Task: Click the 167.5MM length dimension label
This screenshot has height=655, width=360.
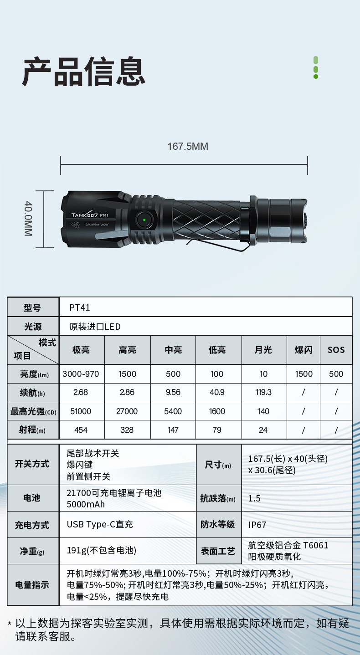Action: pos(187,146)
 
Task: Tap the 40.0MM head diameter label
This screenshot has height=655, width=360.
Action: pos(28,219)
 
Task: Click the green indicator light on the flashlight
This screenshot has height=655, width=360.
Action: pos(144,220)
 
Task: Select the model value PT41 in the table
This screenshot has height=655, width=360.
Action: pos(80,307)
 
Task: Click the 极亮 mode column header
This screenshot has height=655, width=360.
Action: pos(81,350)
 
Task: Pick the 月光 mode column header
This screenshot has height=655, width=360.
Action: pos(263,350)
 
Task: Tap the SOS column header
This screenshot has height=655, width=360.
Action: pos(336,350)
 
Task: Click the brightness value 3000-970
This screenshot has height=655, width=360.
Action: pos(81,374)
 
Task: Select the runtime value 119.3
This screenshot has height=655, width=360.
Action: pos(263,392)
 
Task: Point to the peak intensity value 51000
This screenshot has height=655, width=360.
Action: pos(81,411)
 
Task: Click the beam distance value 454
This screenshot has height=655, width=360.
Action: pos(81,430)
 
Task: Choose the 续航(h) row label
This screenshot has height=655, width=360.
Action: pos(32,392)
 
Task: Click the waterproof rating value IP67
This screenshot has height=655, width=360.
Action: pos(257,525)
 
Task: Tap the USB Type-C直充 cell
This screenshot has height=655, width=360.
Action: pos(100,524)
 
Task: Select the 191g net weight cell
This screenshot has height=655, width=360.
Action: pos(102,551)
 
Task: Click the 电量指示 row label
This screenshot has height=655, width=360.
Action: pos(32,585)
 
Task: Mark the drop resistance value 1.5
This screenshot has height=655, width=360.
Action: pos(254,498)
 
